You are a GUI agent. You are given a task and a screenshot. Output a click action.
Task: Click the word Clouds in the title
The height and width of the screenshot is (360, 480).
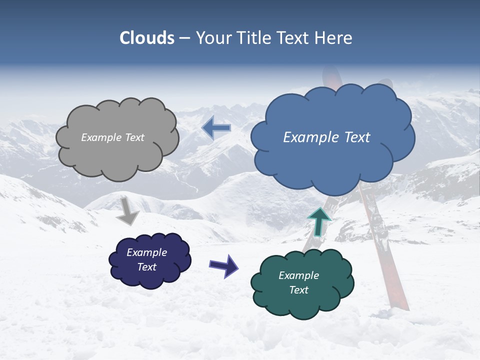[x=147, y=38]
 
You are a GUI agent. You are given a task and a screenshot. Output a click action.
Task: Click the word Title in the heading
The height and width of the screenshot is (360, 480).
[x=255, y=38]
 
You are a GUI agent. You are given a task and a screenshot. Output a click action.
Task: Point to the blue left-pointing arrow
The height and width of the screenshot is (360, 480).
[x=216, y=128]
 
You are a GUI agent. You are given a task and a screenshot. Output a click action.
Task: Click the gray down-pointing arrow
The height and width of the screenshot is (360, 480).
[x=127, y=211]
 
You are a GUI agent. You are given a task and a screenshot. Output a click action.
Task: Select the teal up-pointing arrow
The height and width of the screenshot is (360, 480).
[x=319, y=222]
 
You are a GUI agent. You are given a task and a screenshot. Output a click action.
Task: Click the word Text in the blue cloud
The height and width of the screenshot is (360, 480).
[x=353, y=137]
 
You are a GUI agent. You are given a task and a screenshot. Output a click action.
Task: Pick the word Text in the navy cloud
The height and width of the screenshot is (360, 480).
[x=147, y=267]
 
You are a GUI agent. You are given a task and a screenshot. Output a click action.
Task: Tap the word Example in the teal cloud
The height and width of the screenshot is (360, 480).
[x=299, y=275]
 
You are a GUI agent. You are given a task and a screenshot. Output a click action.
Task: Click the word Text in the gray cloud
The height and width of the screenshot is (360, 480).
[x=134, y=137]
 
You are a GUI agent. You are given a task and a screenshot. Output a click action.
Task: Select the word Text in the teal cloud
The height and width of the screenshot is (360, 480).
[x=299, y=290]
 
